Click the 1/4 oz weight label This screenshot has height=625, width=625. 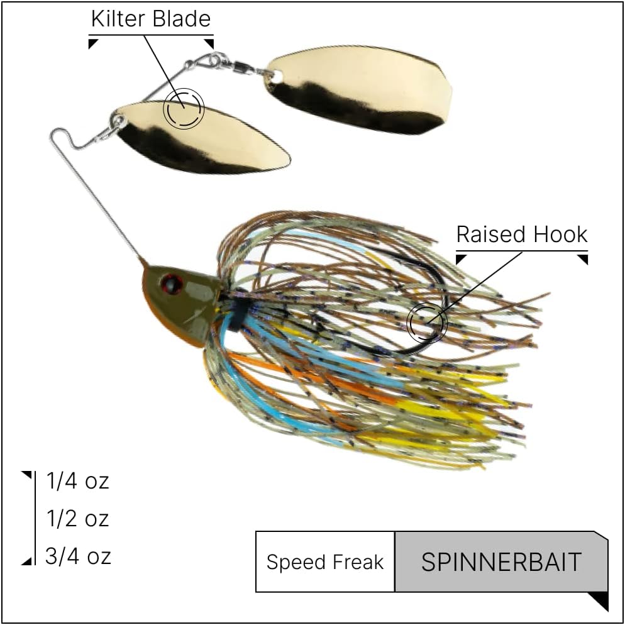click(x=78, y=481)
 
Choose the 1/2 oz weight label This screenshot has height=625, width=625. click(x=78, y=519)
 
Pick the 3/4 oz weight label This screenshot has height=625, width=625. click(x=78, y=556)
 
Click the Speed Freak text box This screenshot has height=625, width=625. click(x=325, y=561)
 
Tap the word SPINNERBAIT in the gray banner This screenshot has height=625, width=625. click(x=501, y=562)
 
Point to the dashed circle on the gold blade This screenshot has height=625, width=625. click(x=184, y=108)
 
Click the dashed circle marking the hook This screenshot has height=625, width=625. click(x=428, y=322)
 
